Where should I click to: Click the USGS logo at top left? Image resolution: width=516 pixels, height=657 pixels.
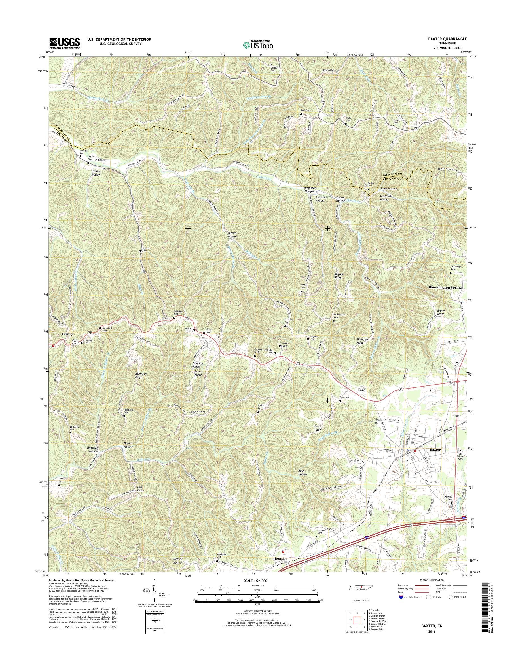tap(65, 43)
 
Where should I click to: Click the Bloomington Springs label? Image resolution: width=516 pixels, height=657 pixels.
tap(446, 288)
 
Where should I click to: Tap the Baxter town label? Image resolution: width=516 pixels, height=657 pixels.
tap(435, 458)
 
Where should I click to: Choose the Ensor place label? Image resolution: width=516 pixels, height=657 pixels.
tap(362, 390)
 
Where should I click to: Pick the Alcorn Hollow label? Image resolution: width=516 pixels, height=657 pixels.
tap(232, 234)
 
